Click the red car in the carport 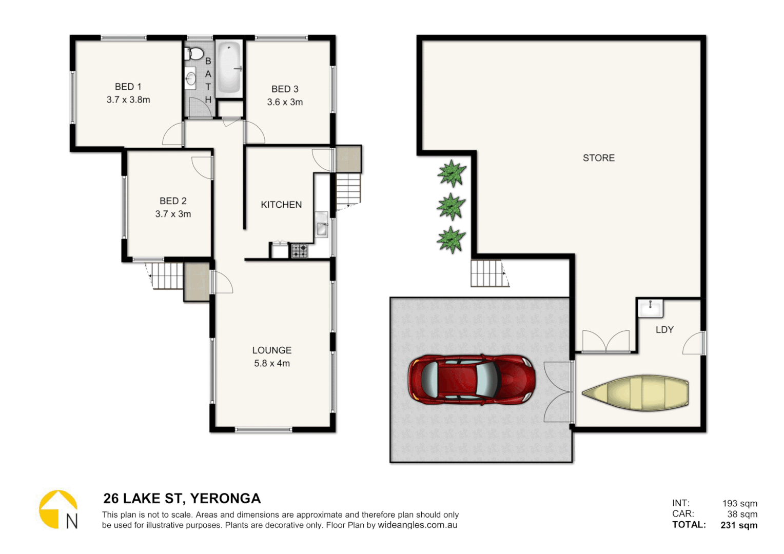tap(472, 380)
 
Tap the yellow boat tap(635, 393)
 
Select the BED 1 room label tap(128, 87)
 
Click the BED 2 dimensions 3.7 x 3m tap(173, 214)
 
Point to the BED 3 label tap(285, 89)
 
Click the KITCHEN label tap(281, 205)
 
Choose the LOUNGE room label tap(271, 350)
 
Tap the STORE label tap(598, 158)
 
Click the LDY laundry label tap(664, 330)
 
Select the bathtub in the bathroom tap(229, 68)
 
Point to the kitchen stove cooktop tap(300, 251)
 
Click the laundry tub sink tap(650, 308)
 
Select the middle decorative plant tap(451, 207)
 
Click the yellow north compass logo tap(58, 509)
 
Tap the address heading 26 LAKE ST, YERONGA tap(182, 499)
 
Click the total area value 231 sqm tap(739, 525)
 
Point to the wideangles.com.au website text tap(418, 525)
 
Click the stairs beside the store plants tap(487, 273)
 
